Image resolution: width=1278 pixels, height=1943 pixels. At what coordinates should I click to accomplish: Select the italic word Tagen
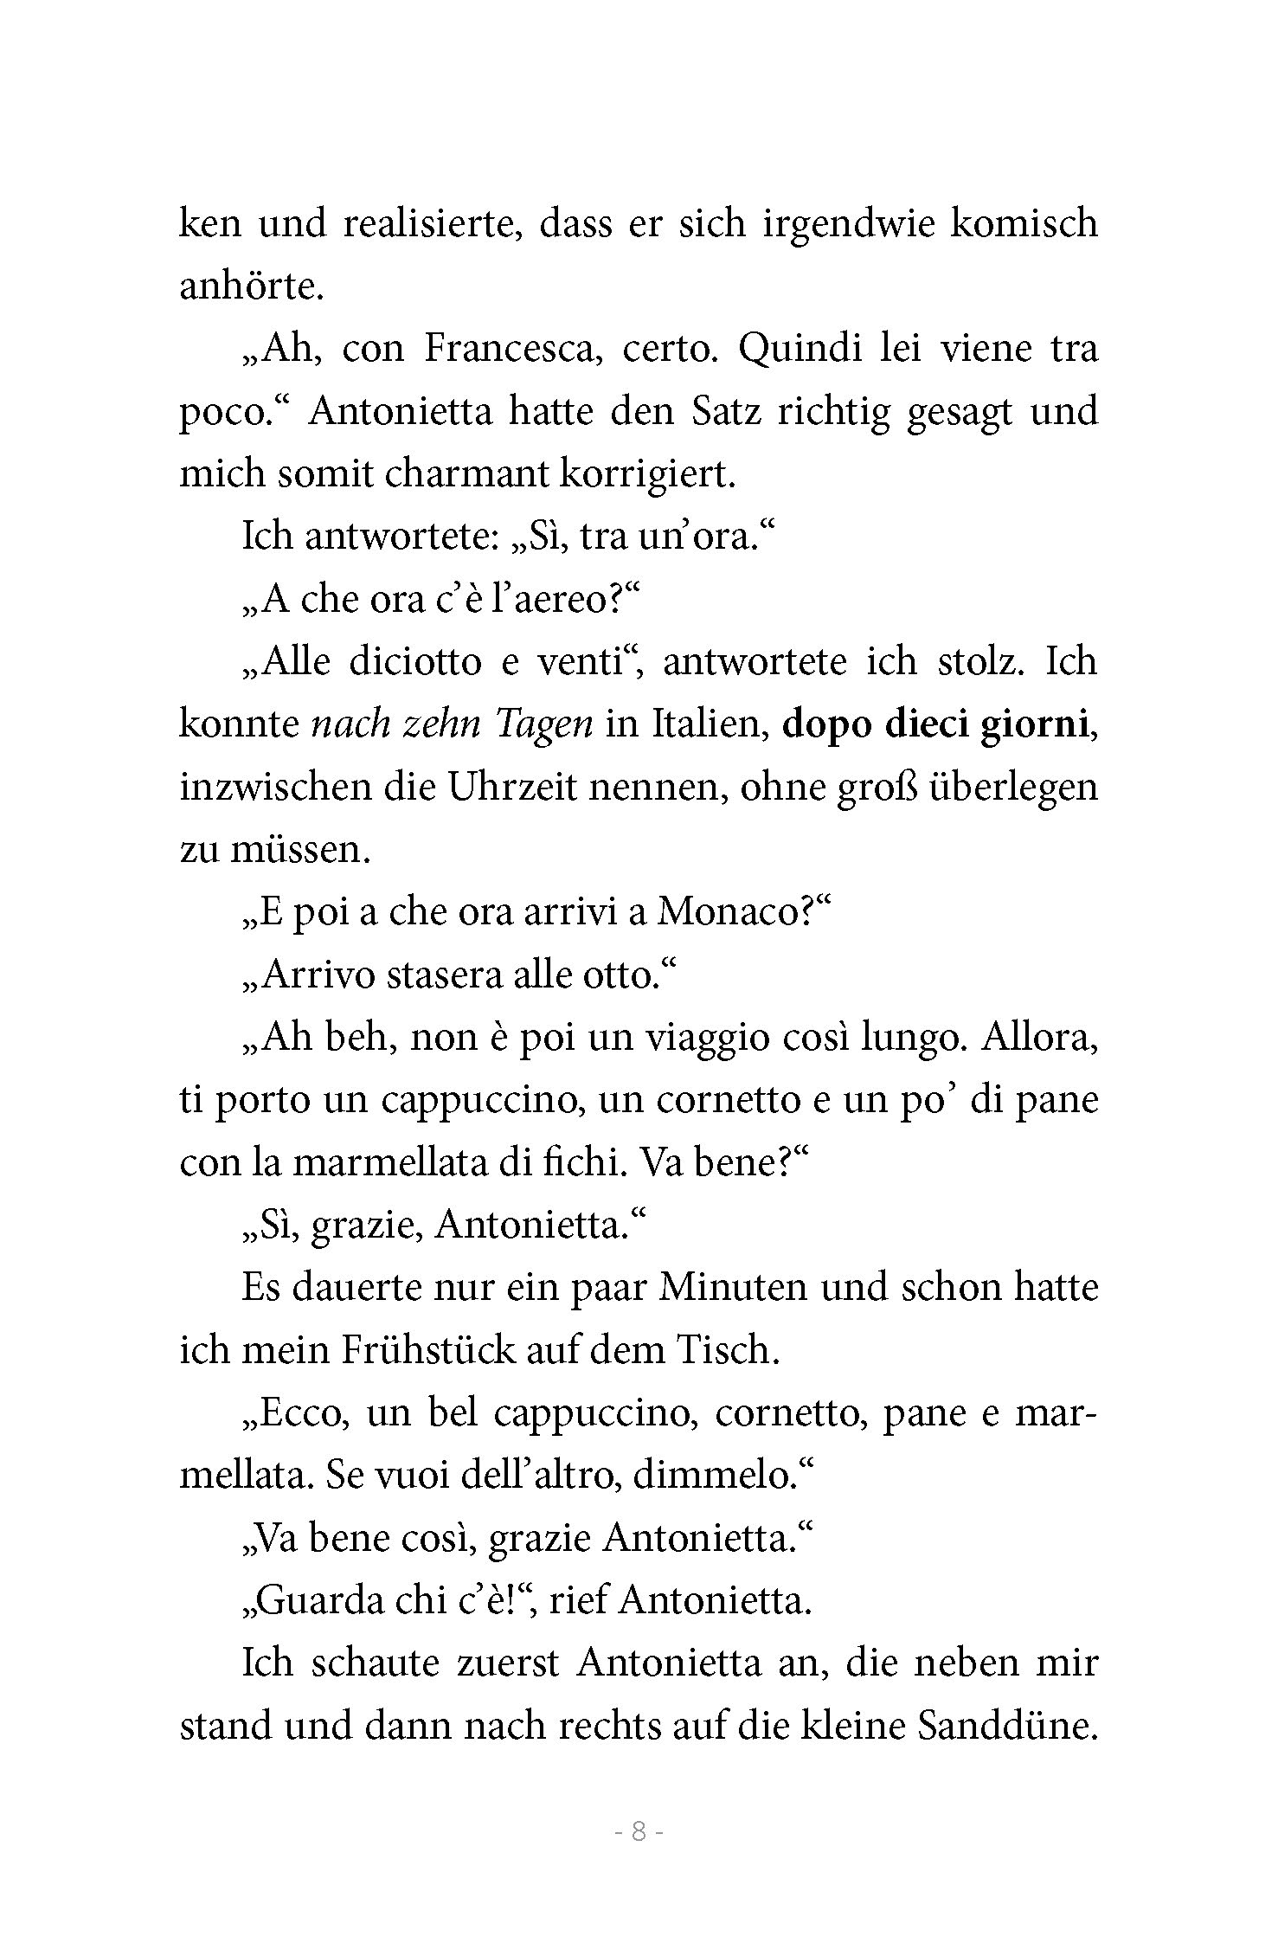tap(545, 725)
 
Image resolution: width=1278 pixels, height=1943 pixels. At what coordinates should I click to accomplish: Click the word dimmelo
tap(718, 1477)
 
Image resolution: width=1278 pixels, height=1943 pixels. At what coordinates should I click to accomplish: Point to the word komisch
tap(1024, 223)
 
